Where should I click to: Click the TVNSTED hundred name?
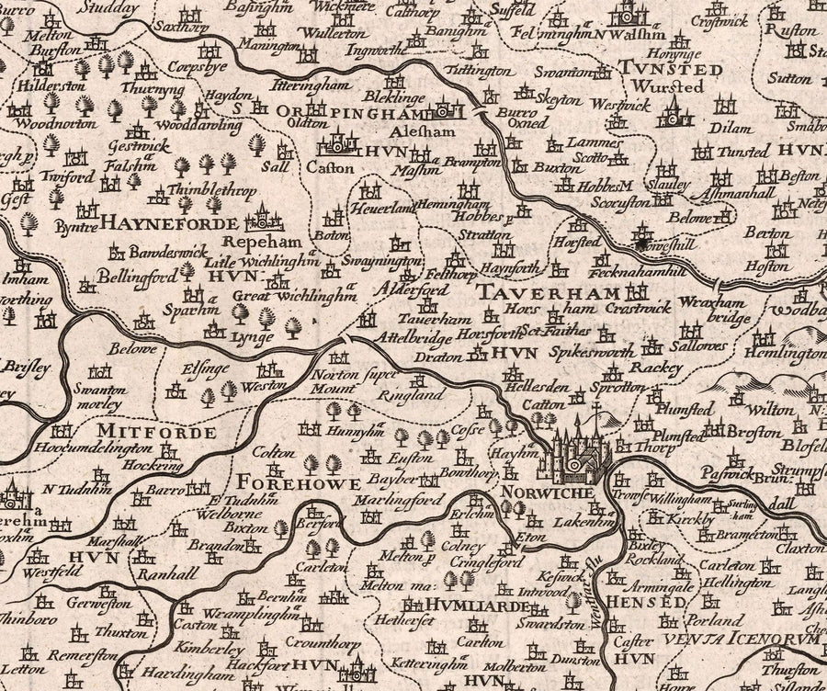tap(658, 69)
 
